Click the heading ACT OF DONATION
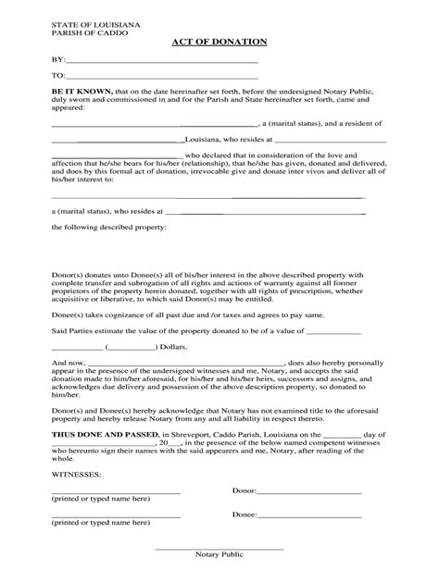coord(219,43)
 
